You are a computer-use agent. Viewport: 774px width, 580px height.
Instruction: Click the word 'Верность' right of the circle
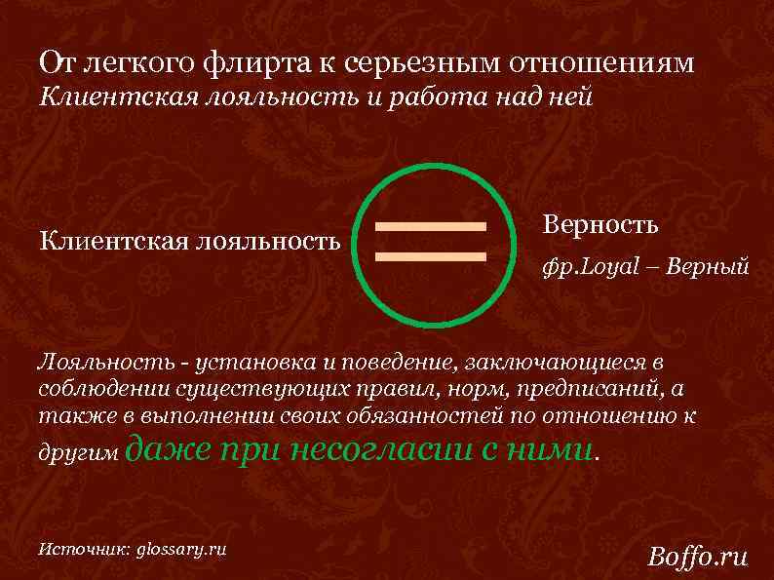600,224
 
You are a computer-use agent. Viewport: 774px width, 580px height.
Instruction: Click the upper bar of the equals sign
431,227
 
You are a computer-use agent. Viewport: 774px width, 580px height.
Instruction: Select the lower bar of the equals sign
431,256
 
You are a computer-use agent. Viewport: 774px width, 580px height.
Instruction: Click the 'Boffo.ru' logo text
698,557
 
